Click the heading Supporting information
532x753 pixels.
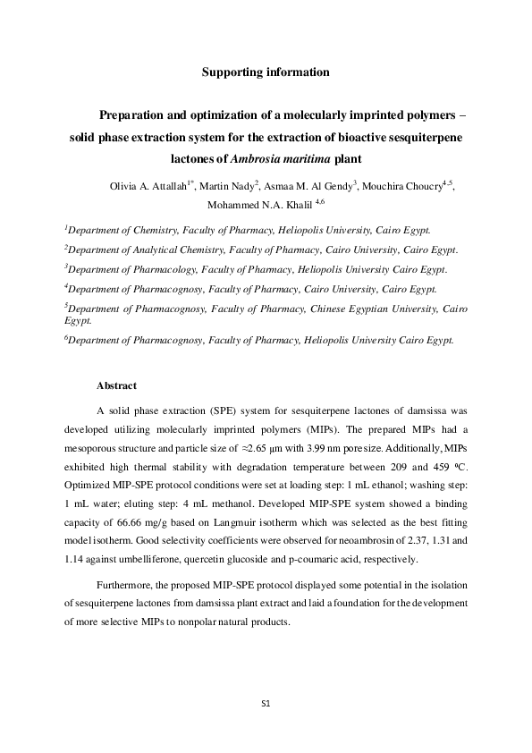[x=266, y=72]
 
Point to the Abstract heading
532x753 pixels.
[x=116, y=385]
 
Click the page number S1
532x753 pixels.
[x=266, y=704]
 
